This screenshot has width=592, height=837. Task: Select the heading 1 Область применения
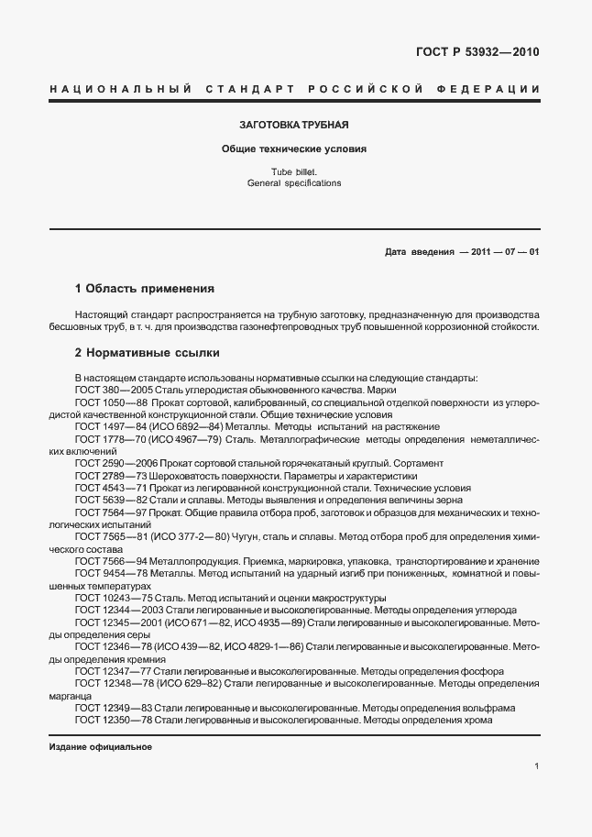click(144, 288)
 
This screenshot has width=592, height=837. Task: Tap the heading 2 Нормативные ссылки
click(146, 352)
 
